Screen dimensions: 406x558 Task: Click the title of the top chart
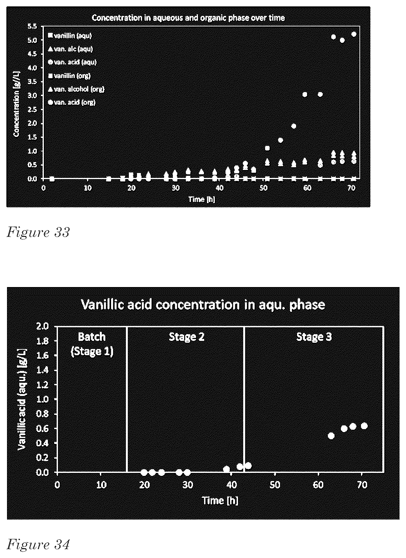coord(188,18)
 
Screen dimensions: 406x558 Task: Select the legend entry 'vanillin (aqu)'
coord(70,36)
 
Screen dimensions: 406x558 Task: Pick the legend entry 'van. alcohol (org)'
coord(76,89)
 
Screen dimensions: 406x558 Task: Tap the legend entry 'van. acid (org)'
coord(72,102)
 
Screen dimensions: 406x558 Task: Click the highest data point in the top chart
coord(354,34)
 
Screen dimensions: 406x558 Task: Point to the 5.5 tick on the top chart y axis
coord(33,26)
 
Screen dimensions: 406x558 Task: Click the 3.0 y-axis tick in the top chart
coord(33,95)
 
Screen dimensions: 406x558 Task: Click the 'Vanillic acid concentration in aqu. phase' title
coord(203,304)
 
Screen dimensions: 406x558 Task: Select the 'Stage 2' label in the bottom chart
coord(187,337)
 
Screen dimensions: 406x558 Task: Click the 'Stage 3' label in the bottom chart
coord(314,337)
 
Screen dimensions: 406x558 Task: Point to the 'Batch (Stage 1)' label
coord(92,344)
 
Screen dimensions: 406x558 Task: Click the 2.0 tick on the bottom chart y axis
coord(42,327)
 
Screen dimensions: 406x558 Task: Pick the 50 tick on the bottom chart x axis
coord(275,484)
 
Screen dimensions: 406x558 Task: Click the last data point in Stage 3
coord(364,426)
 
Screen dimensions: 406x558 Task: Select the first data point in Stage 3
coord(331,435)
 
